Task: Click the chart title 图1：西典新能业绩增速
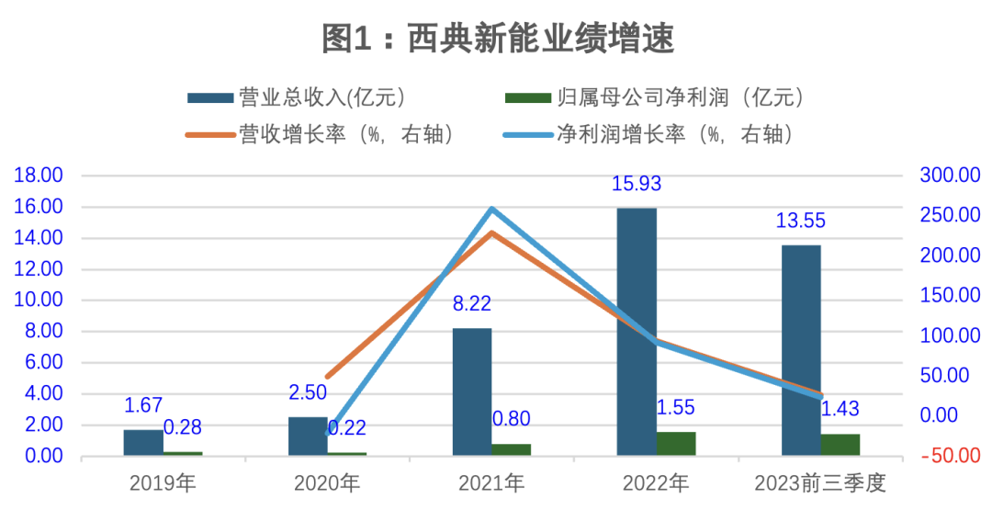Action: point(497,39)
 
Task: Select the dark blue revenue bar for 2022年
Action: point(637,331)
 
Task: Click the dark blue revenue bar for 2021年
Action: point(472,391)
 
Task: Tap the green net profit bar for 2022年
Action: point(676,443)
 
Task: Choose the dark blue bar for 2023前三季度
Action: point(801,349)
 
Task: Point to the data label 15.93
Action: point(637,184)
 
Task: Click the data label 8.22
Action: point(472,304)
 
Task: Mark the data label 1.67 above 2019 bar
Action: point(143,405)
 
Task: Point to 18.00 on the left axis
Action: point(38,176)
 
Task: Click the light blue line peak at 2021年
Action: point(492,210)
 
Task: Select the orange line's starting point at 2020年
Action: point(328,377)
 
